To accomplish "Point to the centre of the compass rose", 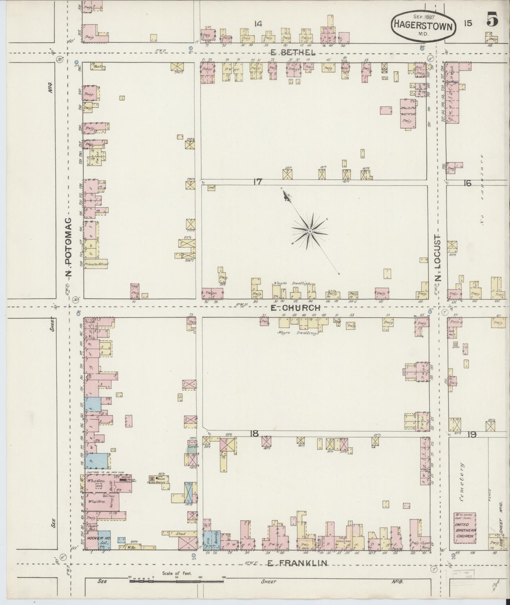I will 310,231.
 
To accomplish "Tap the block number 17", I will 258,182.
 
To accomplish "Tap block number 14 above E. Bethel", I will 258,24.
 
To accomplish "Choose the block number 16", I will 468,183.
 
